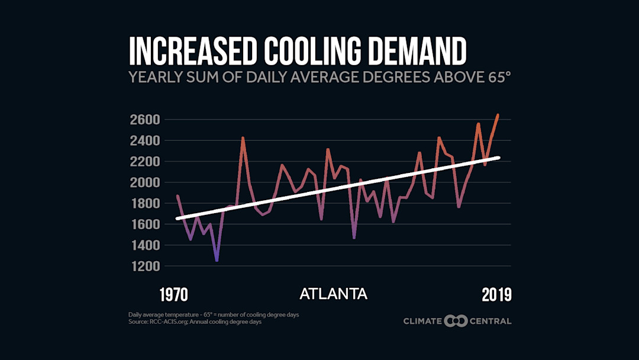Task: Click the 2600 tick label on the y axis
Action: point(144,120)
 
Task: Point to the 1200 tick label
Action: point(144,266)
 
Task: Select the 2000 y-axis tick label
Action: point(144,182)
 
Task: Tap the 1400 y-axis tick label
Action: point(144,245)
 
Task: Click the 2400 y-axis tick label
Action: point(144,140)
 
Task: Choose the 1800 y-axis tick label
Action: point(144,203)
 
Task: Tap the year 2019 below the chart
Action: point(495,294)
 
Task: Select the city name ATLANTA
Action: point(333,294)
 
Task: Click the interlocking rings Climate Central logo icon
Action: point(456,321)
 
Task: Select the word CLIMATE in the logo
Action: point(422,321)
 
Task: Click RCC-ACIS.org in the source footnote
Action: point(165,322)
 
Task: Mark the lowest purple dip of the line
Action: point(217,261)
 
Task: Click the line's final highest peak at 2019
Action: point(498,115)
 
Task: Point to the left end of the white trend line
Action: point(177,218)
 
